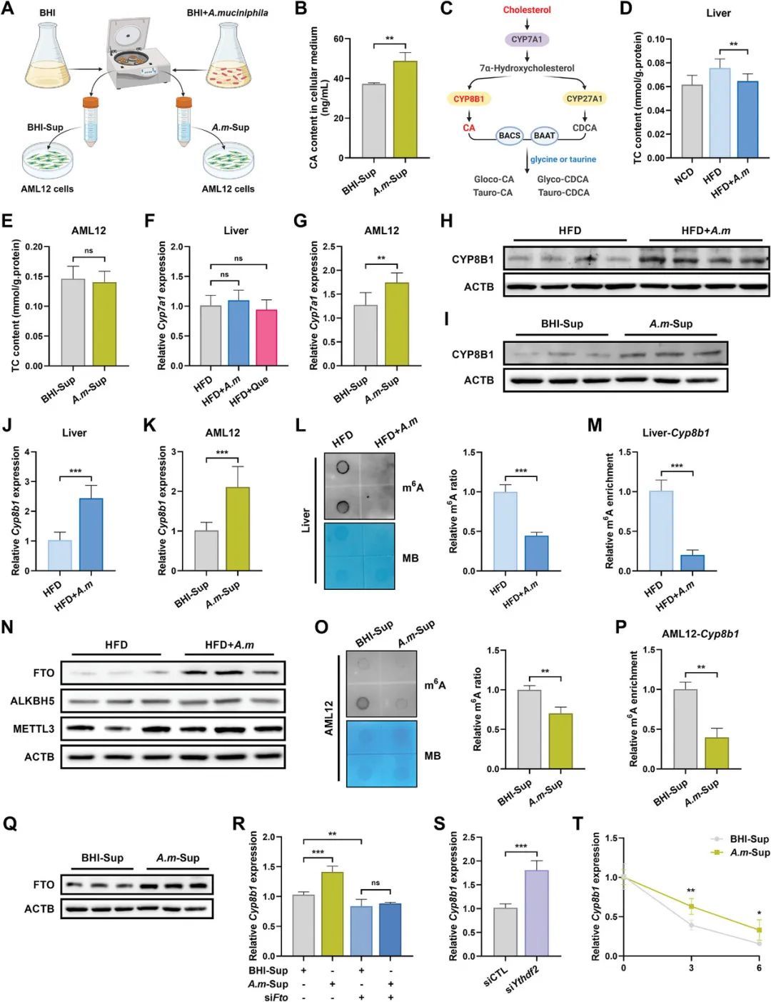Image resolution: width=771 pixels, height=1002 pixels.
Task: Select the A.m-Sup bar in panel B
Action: click(x=405, y=109)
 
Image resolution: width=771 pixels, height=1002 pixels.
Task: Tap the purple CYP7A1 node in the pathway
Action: click(x=528, y=40)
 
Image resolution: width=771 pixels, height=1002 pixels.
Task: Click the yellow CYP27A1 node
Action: click(x=584, y=99)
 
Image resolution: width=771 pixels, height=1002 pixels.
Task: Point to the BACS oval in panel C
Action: click(x=509, y=136)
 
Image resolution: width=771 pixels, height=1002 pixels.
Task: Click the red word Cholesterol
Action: click(x=527, y=10)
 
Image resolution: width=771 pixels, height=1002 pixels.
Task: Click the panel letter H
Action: click(x=446, y=221)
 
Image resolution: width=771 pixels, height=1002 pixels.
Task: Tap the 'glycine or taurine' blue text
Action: click(x=563, y=159)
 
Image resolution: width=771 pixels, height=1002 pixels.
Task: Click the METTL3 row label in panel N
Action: click(x=34, y=729)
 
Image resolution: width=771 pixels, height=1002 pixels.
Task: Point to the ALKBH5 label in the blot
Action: click(x=32, y=701)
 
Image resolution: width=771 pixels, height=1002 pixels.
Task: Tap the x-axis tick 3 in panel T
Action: click(x=691, y=968)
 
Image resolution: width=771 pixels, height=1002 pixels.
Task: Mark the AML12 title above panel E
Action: click(x=89, y=231)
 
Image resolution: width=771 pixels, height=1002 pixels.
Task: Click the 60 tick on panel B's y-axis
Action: click(x=337, y=39)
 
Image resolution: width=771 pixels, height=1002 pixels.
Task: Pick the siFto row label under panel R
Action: click(x=276, y=997)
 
